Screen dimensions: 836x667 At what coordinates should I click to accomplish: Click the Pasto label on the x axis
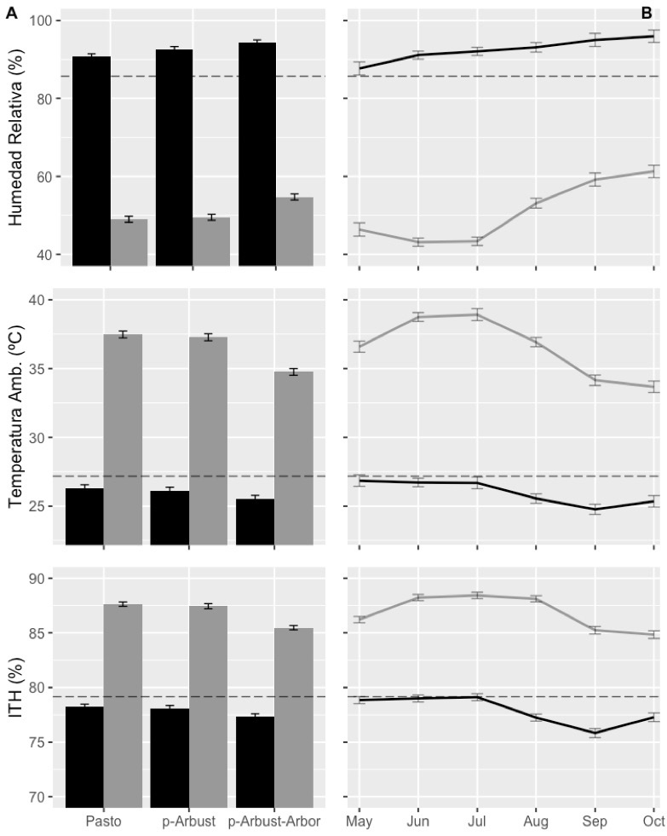click(x=103, y=822)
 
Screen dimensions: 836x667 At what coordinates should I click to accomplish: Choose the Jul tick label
click(x=477, y=822)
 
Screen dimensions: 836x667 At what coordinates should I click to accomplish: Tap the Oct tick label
click(x=653, y=822)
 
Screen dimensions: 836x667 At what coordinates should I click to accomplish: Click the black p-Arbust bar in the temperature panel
click(x=170, y=517)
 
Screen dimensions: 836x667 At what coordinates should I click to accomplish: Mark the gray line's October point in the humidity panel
click(x=653, y=171)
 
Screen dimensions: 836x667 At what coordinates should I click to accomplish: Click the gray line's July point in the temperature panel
click(x=477, y=314)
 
